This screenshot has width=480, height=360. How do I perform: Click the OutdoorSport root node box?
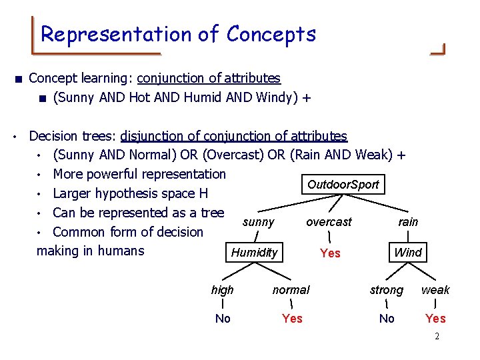click(x=343, y=185)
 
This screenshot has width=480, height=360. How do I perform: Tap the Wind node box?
click(x=407, y=253)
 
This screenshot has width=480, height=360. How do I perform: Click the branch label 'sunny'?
click(x=259, y=222)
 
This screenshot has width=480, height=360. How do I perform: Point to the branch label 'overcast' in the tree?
click(x=329, y=222)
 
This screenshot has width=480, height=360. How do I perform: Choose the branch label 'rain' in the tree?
click(x=408, y=222)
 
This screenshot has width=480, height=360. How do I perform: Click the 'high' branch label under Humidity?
click(x=222, y=290)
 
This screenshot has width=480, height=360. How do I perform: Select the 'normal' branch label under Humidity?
click(x=291, y=290)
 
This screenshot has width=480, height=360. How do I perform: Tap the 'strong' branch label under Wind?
click(x=387, y=290)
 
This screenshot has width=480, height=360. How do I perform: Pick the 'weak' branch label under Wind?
click(x=435, y=290)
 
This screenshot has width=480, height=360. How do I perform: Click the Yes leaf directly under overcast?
click(x=330, y=253)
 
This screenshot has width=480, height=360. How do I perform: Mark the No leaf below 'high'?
click(x=223, y=319)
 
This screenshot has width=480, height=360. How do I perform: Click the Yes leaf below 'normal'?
click(x=292, y=319)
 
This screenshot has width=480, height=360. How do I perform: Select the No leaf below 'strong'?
click(x=387, y=319)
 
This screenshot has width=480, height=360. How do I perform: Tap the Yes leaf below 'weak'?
click(x=436, y=319)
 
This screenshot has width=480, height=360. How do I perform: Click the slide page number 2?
click(x=437, y=337)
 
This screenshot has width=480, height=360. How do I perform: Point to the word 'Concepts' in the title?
click(x=271, y=34)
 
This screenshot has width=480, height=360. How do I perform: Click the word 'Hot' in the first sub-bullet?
click(x=135, y=98)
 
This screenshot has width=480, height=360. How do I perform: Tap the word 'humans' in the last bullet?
click(x=121, y=251)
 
